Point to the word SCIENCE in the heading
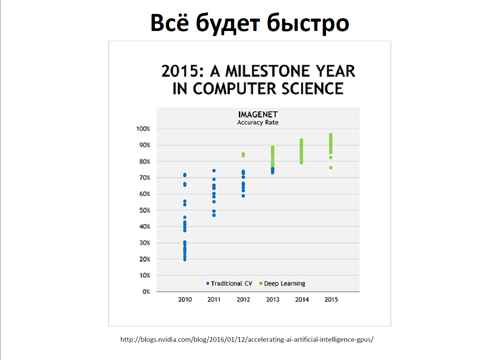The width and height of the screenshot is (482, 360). pyautogui.click(x=312, y=89)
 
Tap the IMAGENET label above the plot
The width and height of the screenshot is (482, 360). pyautogui.click(x=258, y=115)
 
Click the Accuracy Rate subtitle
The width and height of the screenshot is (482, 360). pyautogui.click(x=258, y=122)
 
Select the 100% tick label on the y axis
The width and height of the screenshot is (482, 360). pyautogui.click(x=143, y=129)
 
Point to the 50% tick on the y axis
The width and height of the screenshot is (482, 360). pyautogui.click(x=145, y=210)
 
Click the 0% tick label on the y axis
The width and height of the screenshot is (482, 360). pyautogui.click(x=146, y=291)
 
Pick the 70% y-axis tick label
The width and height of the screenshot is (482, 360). pyautogui.click(x=145, y=178)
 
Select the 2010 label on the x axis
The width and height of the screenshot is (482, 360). pyautogui.click(x=185, y=300)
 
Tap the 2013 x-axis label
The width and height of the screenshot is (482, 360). pyautogui.click(x=273, y=300)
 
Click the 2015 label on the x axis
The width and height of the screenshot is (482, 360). pyautogui.click(x=331, y=300)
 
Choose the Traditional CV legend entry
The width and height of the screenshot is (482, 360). pyautogui.click(x=229, y=283)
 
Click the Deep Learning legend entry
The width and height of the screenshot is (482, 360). pyautogui.click(x=282, y=283)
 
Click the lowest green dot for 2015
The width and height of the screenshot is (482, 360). pyautogui.click(x=331, y=168)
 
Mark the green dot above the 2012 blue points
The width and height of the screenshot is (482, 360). pyautogui.click(x=243, y=155)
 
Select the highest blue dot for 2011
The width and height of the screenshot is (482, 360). pyautogui.click(x=214, y=171)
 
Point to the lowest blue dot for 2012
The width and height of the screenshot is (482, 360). pyautogui.click(x=243, y=196)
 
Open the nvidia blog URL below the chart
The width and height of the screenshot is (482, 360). pyautogui.click(x=247, y=339)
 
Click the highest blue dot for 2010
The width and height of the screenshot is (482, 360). pyautogui.click(x=185, y=175)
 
